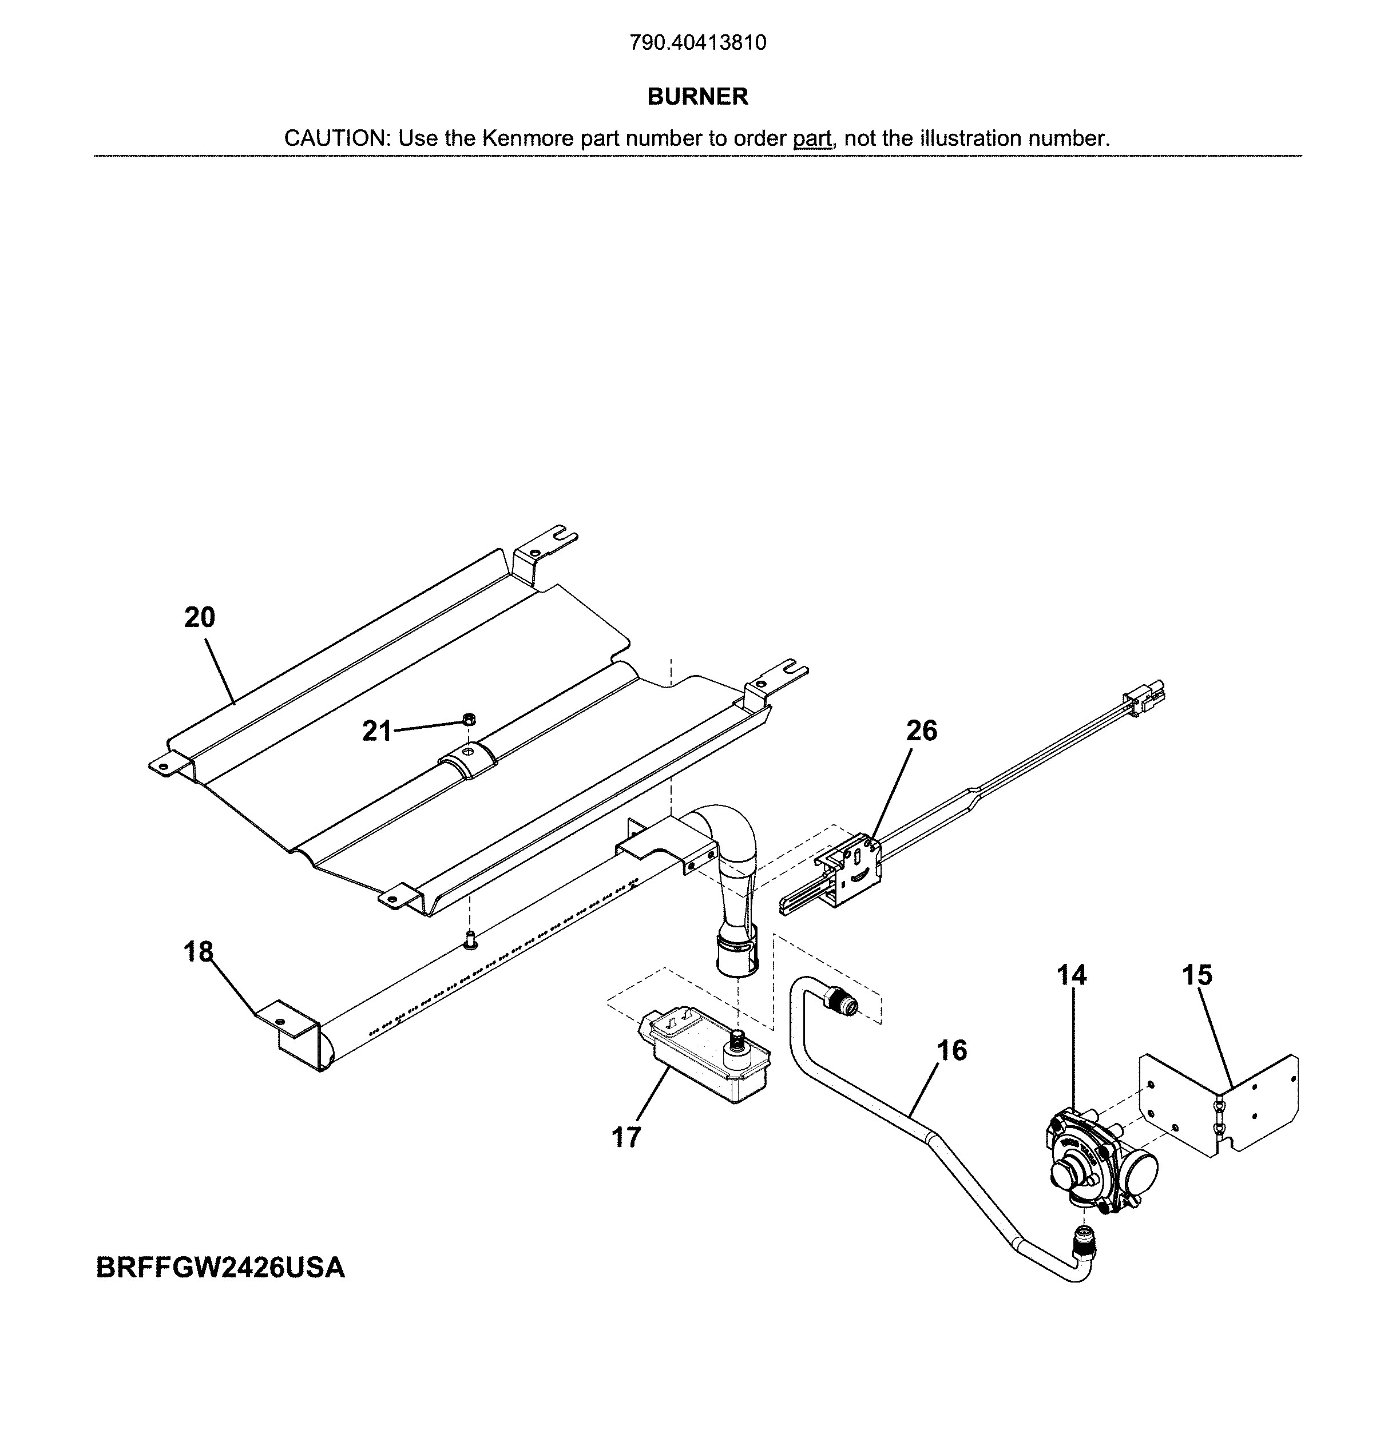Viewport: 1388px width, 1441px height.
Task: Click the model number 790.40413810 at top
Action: coord(697,43)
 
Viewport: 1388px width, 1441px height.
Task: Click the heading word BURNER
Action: coord(697,96)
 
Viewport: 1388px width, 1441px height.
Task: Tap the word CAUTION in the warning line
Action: coord(335,138)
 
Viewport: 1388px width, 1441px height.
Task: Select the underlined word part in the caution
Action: coord(812,138)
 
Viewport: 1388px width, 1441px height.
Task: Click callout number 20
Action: coord(199,618)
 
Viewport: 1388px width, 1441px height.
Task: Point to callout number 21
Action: coord(376,731)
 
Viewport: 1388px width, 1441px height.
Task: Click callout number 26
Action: coord(921,730)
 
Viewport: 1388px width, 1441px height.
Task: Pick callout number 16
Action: coord(952,1051)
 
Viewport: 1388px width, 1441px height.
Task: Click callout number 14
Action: coord(1071,975)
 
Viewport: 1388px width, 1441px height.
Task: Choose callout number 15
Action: coord(1197,975)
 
